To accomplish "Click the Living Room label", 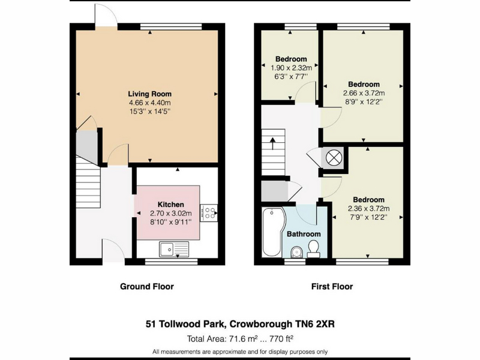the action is click(149, 94).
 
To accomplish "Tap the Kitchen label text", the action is click(171, 205).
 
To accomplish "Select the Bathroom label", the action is click(304, 234).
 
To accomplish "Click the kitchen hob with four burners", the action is click(209, 213).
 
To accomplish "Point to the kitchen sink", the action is click(174, 249).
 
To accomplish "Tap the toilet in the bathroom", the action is click(313, 249).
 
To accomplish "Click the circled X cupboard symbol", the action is click(333, 158).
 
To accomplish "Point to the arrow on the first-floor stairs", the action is click(272, 143).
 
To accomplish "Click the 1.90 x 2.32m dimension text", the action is click(291, 68).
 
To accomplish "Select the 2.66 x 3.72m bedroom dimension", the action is click(364, 93).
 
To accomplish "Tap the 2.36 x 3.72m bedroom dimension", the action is click(368, 209).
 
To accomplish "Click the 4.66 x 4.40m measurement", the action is click(149, 103).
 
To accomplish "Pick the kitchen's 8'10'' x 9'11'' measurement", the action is click(171, 221).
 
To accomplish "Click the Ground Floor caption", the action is click(147, 287).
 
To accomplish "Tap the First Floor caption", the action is click(332, 287).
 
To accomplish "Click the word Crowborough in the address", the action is click(261, 324).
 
